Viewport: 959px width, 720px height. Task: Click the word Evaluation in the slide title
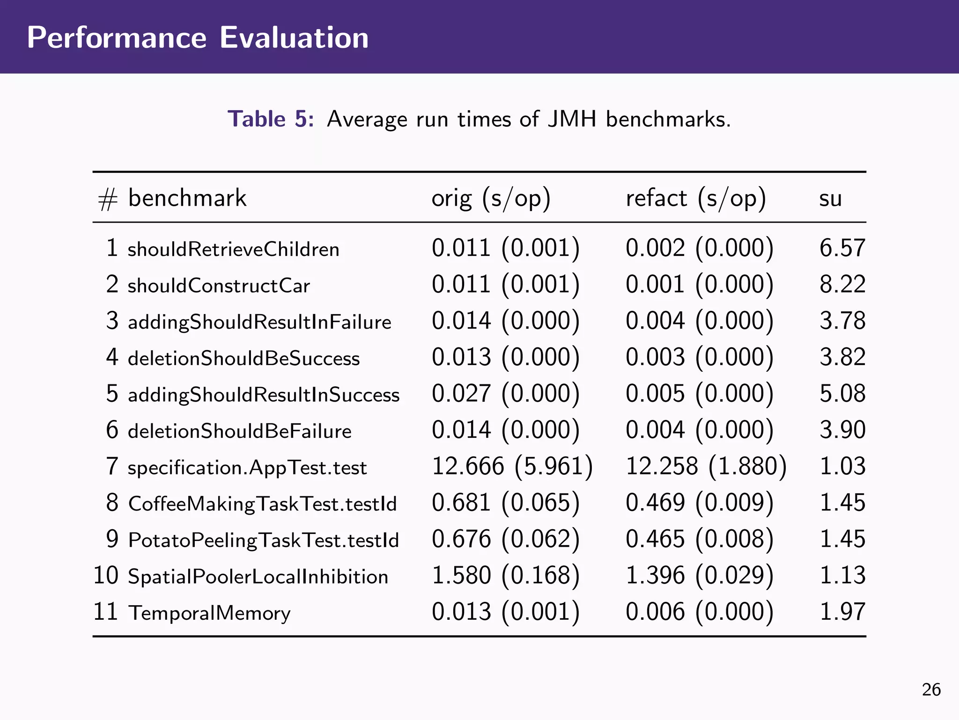pyautogui.click(x=294, y=37)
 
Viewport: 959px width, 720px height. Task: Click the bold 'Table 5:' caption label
pyautogui.click(x=270, y=119)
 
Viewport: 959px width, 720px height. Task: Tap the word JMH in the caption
pyautogui.click(x=572, y=119)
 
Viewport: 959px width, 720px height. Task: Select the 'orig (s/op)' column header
pyautogui.click(x=491, y=198)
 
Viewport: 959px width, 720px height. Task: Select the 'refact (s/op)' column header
pyautogui.click(x=695, y=198)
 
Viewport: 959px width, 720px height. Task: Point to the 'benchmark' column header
pyautogui.click(x=187, y=198)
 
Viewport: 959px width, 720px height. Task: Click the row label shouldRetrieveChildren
pyautogui.click(x=233, y=249)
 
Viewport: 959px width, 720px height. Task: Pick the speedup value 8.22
pyautogui.click(x=842, y=285)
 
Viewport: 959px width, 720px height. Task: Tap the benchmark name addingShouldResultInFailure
pyautogui.click(x=259, y=322)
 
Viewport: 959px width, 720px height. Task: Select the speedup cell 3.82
pyautogui.click(x=842, y=357)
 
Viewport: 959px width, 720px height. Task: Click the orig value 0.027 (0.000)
pyautogui.click(x=505, y=394)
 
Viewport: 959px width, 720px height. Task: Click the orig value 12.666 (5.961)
pyautogui.click(x=512, y=466)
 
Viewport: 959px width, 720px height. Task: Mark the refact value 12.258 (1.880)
pyautogui.click(x=706, y=466)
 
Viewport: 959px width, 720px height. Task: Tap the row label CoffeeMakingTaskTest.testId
pyautogui.click(x=262, y=504)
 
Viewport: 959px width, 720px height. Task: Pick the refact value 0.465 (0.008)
pyautogui.click(x=699, y=539)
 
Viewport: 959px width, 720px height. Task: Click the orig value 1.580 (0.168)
pyautogui.click(x=505, y=576)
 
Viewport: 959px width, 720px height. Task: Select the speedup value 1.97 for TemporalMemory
pyautogui.click(x=842, y=612)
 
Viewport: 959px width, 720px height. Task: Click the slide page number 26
pyautogui.click(x=931, y=690)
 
